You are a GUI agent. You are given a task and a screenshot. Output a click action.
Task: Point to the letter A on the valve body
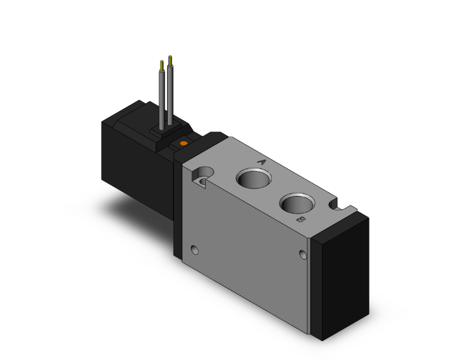262,162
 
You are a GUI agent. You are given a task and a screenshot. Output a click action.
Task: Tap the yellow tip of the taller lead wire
170,61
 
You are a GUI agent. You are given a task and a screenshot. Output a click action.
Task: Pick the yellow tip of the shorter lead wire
163,65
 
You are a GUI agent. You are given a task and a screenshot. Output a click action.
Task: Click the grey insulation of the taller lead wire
170,94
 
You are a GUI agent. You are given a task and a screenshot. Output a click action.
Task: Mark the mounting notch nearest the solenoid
202,175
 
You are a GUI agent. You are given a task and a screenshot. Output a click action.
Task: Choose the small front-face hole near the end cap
304,254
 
